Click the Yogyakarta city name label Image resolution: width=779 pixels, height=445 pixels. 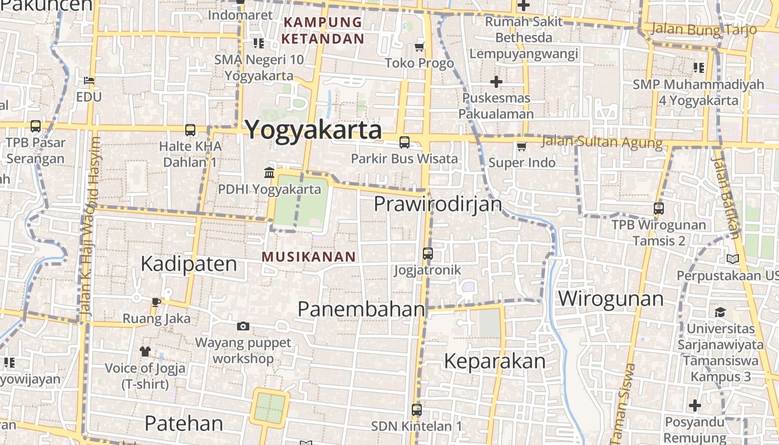click(x=313, y=130)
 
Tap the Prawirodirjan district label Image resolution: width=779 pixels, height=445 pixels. click(x=438, y=204)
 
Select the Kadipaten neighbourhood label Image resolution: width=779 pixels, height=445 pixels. click(x=189, y=264)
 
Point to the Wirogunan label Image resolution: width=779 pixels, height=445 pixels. click(x=610, y=299)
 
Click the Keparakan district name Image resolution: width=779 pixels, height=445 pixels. click(x=494, y=362)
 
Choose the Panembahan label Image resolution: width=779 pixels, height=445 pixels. click(x=361, y=309)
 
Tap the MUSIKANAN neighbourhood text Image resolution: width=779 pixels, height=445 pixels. click(x=308, y=256)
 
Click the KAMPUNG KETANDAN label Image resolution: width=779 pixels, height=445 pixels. click(x=322, y=31)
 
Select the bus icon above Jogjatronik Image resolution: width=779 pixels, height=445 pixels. click(x=427, y=254)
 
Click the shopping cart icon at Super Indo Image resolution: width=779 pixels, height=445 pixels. click(x=521, y=147)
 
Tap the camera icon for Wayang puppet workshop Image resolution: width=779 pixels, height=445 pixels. click(x=243, y=327)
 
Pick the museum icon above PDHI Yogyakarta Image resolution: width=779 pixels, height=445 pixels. click(x=269, y=173)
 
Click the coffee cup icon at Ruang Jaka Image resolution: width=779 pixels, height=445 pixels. click(x=156, y=302)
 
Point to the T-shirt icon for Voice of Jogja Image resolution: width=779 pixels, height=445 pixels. click(x=145, y=352)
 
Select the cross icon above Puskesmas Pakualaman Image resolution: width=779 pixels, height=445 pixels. click(x=496, y=82)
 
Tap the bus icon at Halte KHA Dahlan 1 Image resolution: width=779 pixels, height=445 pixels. click(x=190, y=130)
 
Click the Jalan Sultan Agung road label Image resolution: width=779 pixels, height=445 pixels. click(x=601, y=142)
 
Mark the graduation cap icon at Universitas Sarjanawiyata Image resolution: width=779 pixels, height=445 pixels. click(x=720, y=312)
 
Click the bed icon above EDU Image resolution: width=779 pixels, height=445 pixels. click(x=89, y=81)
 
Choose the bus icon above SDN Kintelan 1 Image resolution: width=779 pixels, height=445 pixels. click(x=416, y=410)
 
